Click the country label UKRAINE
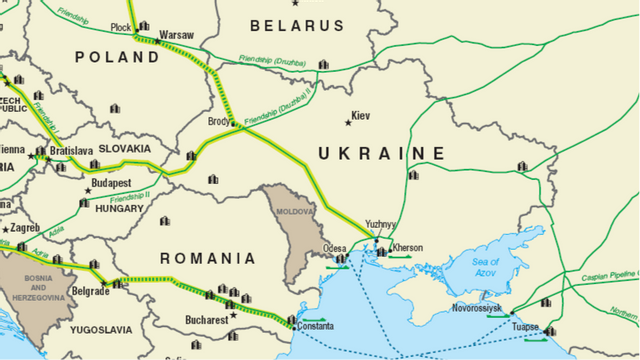(x=381, y=153)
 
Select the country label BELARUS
(x=289, y=24)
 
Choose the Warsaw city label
(x=176, y=35)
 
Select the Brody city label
(x=219, y=120)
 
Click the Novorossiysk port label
(x=477, y=309)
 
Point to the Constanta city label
(x=315, y=327)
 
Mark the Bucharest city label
(x=207, y=320)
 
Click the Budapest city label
(x=111, y=184)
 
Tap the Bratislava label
(x=71, y=151)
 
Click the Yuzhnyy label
(x=381, y=225)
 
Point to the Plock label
(x=121, y=28)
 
